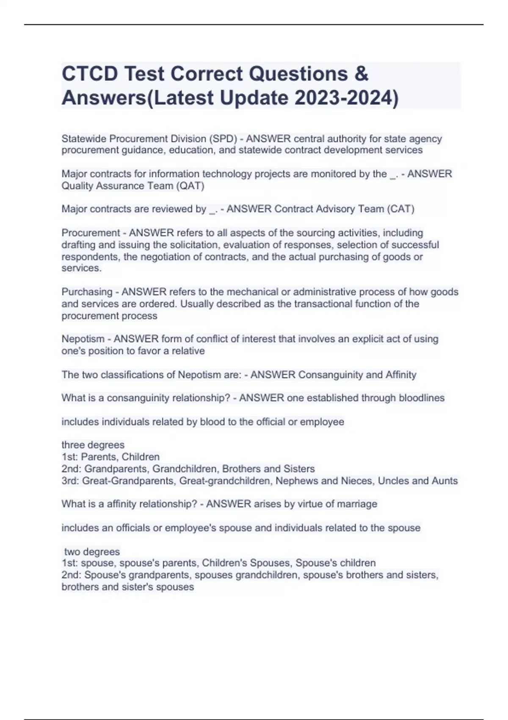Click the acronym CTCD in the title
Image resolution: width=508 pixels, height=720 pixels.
90,74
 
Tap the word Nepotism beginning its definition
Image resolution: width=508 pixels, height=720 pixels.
83,339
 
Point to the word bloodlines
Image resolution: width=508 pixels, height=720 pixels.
422,398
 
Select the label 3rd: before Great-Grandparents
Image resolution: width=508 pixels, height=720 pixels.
70,481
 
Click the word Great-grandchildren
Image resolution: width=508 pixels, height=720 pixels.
224,481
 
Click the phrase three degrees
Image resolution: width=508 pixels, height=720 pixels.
93,445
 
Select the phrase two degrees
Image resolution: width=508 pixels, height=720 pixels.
92,552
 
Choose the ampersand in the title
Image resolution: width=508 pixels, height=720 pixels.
361,74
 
